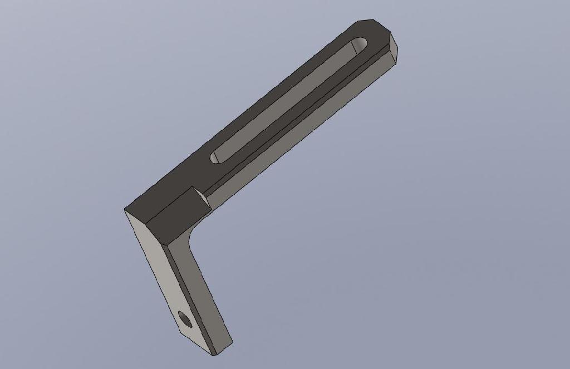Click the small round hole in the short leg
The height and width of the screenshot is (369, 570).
click(184, 318)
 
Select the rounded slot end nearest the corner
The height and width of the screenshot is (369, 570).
click(215, 157)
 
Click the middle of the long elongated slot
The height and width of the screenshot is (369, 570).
click(287, 100)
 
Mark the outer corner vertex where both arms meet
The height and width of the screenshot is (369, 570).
click(124, 209)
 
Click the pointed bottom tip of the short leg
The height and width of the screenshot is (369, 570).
click(214, 355)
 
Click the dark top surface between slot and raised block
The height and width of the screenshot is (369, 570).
click(184, 178)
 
